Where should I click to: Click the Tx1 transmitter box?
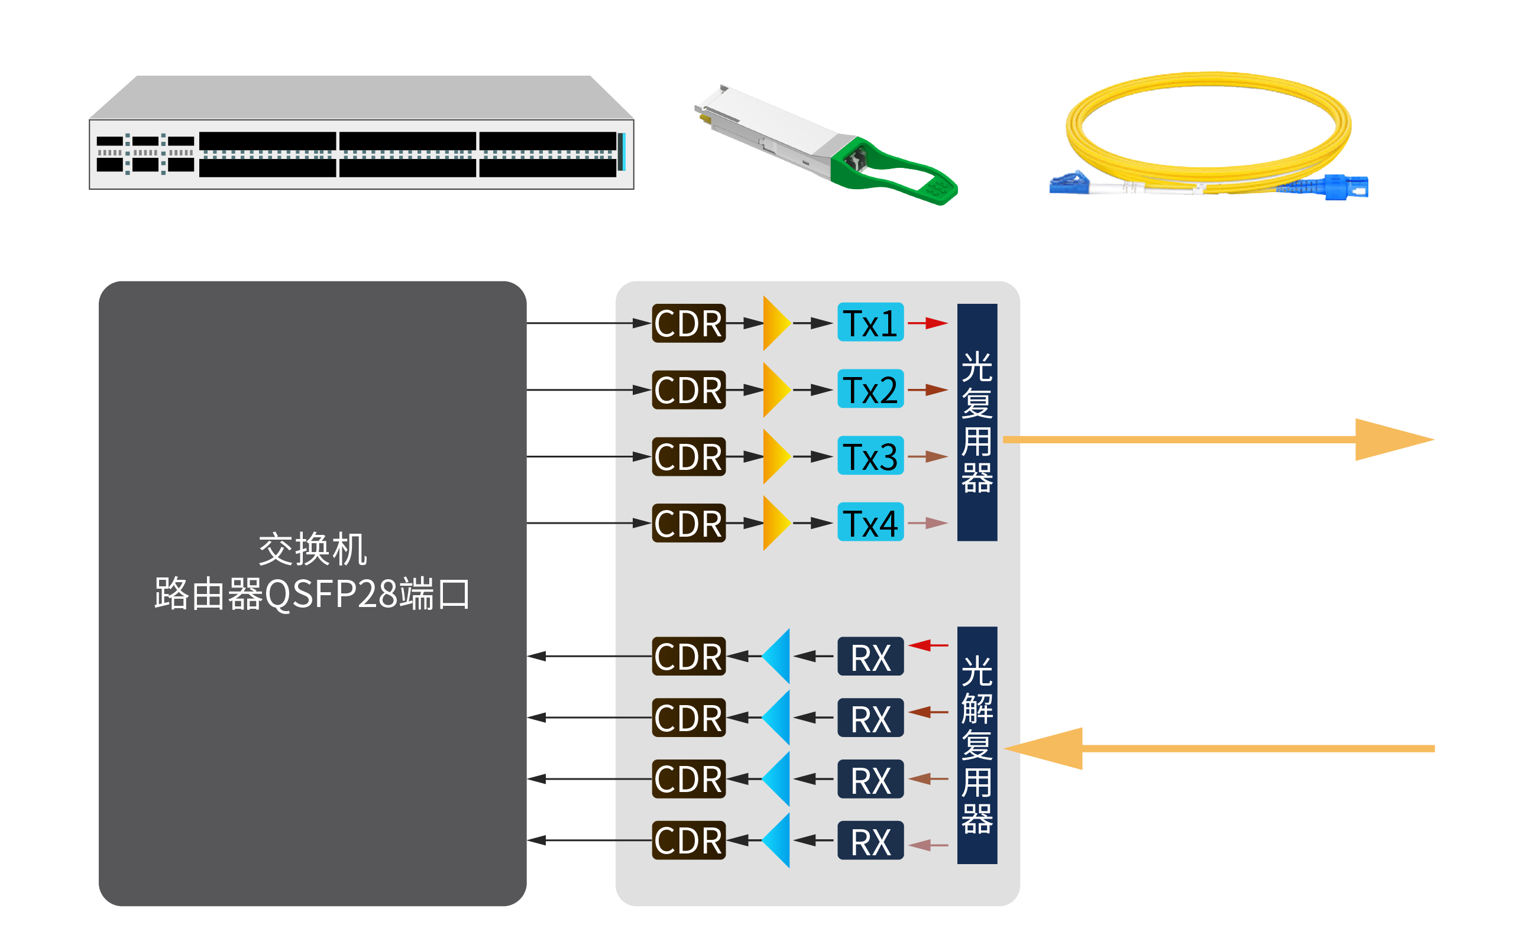pos(870,323)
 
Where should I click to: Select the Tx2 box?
pos(870,390)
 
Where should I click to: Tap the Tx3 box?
pos(870,456)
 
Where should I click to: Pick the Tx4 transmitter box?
pos(870,522)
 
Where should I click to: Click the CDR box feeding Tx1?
pos(688,323)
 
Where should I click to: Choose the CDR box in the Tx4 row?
pos(688,522)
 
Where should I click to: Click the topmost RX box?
pos(870,657)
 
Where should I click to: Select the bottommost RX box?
pos(870,841)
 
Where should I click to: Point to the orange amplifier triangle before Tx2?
pos(775,390)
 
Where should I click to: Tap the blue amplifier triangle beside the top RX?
pos(778,656)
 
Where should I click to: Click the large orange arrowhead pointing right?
pos(1391,440)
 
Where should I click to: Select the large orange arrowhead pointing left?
pos(1048,748)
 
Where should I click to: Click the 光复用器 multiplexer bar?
pos(977,422)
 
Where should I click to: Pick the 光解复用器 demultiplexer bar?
pos(977,745)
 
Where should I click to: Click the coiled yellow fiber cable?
pos(1208,95)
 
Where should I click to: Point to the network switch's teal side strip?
pos(621,151)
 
